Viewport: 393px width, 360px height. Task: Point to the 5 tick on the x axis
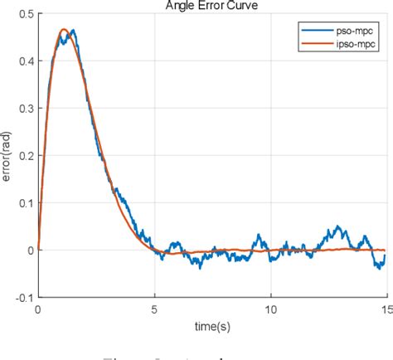click(155, 308)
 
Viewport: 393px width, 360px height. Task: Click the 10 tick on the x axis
click(270, 308)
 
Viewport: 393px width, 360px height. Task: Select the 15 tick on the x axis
click(385, 308)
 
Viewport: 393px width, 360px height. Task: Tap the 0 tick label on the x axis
click(38, 308)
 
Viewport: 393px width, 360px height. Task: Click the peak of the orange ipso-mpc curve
click(64, 30)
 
